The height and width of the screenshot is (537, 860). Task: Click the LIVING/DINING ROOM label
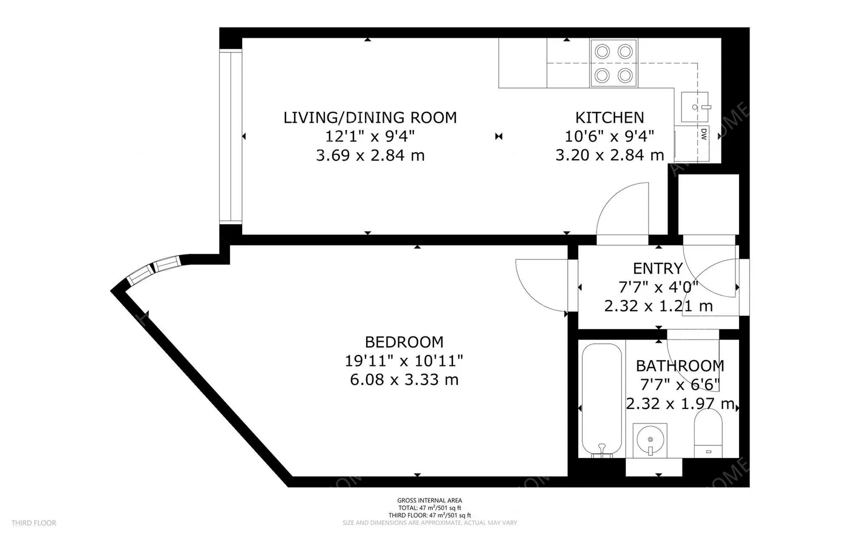click(x=369, y=118)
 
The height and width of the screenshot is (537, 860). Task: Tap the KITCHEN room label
click(x=609, y=118)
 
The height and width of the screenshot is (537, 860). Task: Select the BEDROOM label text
click(x=404, y=342)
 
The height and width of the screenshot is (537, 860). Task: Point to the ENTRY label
click(x=658, y=268)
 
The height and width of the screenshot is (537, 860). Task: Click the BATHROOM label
click(x=680, y=366)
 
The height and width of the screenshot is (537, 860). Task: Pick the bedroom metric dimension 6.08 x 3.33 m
click(x=404, y=380)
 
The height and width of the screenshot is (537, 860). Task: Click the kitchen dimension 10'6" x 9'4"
click(x=609, y=137)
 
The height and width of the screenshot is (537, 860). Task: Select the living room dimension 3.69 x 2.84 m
click(x=369, y=156)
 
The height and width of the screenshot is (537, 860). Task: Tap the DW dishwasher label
click(x=704, y=134)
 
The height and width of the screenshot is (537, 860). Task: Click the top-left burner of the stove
click(x=602, y=52)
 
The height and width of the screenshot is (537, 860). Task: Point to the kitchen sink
click(x=695, y=107)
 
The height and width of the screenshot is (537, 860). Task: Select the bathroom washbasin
click(x=650, y=441)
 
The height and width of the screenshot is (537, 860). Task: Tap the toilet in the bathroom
click(x=708, y=432)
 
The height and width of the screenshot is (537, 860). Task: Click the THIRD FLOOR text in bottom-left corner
click(x=33, y=523)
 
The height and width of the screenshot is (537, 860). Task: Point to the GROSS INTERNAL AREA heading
click(x=429, y=501)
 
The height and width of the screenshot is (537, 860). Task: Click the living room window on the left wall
click(x=230, y=137)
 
